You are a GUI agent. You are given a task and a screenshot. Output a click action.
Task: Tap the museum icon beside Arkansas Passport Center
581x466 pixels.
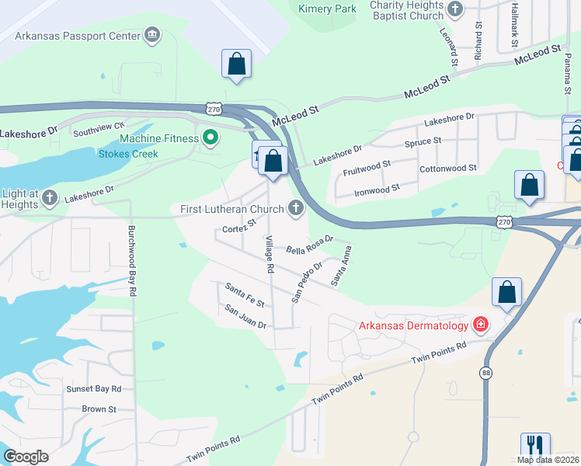pos(151,35)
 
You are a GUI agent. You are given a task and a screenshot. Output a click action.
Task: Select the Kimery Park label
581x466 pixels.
pos(327,9)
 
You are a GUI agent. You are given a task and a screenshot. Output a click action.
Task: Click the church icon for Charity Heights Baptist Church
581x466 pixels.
pos(456,10)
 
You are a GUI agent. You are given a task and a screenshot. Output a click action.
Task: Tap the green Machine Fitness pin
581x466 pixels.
pos(210,138)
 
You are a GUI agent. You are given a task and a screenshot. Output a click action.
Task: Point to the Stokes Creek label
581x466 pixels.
pos(128,154)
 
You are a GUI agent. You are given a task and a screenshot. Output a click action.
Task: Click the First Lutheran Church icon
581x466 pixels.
pos(294,207)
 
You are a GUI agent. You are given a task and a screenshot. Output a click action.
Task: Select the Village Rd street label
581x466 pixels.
pos(270,254)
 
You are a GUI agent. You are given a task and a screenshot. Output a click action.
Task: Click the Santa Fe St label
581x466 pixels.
pos(245,294)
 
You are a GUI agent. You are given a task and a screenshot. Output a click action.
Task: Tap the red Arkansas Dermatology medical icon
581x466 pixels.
pos(481,324)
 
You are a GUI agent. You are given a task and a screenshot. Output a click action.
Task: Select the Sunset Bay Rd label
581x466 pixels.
pos(94,388)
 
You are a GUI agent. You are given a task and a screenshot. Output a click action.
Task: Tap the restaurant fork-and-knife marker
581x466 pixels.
pos(535,446)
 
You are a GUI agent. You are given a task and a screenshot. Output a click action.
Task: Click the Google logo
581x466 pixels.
pos(26,457)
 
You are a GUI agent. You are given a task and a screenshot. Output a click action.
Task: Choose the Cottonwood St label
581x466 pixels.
pos(447,169)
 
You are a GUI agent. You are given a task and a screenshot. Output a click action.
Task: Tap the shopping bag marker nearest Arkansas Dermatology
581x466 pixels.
pos(506,292)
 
